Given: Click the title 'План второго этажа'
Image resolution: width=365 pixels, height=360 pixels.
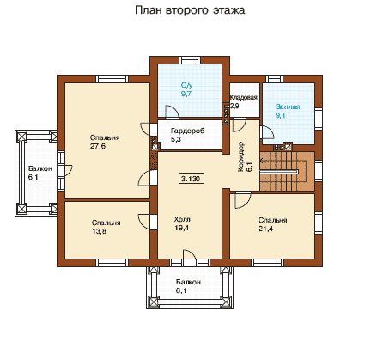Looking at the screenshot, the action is coord(190,10).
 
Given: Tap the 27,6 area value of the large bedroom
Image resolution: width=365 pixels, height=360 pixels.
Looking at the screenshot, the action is coord(98,146).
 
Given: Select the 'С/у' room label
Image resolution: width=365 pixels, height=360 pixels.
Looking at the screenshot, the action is coord(186,85).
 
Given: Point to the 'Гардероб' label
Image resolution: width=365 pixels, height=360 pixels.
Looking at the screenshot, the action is coord(187,131).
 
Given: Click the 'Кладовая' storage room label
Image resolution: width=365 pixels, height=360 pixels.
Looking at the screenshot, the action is coord(244,97).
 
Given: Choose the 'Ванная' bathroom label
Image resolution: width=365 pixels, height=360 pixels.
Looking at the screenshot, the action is coord(288,107).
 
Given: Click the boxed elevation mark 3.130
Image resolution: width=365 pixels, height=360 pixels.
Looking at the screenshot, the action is coord(192,179).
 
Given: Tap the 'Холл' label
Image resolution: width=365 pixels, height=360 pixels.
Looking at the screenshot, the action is coord(182,219).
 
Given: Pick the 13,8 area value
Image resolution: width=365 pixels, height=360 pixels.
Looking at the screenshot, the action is coord(99,231).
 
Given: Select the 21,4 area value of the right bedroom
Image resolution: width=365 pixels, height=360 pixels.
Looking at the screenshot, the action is coord(265,229).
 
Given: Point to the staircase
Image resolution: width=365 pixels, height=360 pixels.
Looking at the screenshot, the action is coord(287,171).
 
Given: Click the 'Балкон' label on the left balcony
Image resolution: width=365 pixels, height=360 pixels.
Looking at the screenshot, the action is coord(40,168).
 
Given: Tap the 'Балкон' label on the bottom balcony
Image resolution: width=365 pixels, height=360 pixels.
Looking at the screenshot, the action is coord(188,282).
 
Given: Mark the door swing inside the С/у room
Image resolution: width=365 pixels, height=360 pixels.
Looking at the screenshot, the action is coord(172,112).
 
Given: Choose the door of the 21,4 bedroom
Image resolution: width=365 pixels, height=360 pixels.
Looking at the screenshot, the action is coord(243,199).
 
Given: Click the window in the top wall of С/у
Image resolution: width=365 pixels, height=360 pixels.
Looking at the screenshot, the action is coord(190,60).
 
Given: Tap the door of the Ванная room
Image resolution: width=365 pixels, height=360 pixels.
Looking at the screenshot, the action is coord(268,132).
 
